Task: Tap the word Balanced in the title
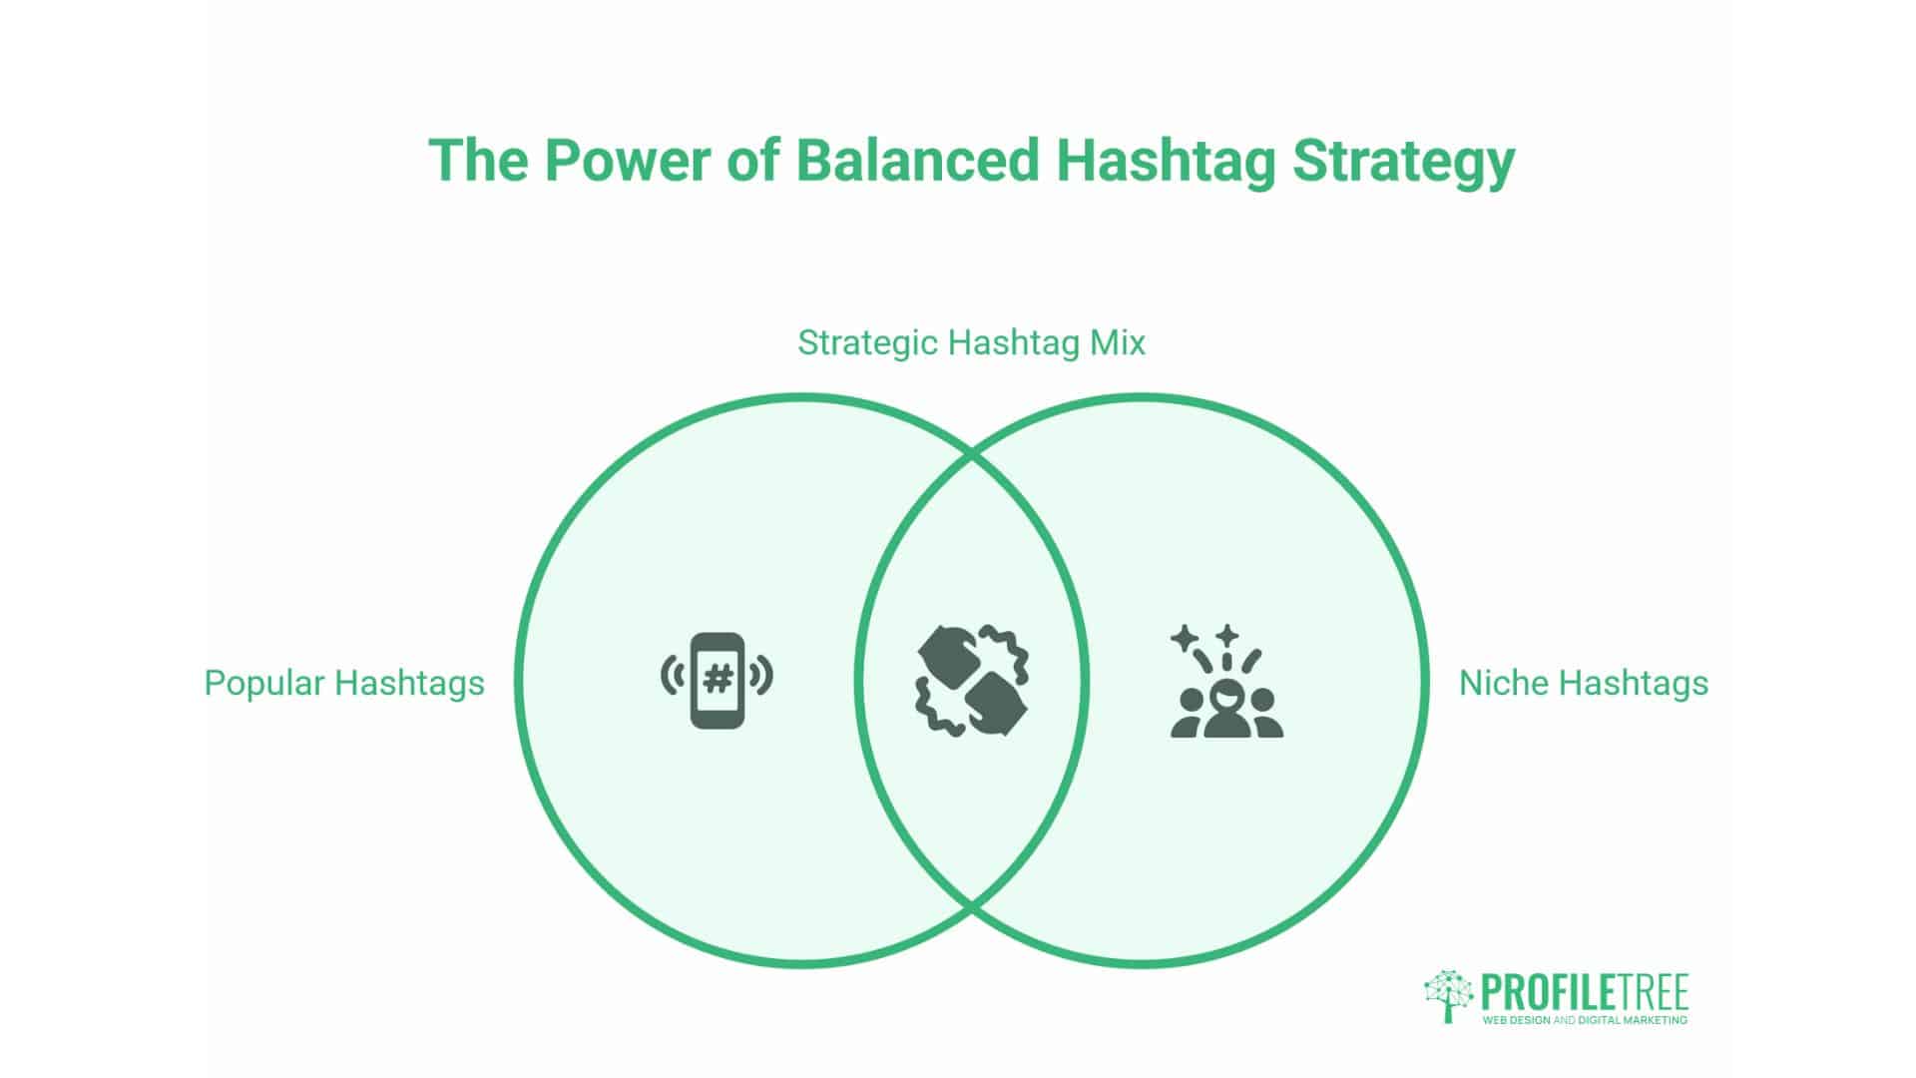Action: point(917,160)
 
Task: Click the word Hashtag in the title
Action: point(1166,162)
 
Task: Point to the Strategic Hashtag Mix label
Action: point(971,342)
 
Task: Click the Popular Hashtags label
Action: point(344,683)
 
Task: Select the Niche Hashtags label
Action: point(1584,683)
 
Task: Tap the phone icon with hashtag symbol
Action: point(718,681)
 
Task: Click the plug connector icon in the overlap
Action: point(972,681)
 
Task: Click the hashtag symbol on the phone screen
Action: point(718,679)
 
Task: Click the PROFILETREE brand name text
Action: point(1585,993)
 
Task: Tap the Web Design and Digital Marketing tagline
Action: point(1585,1020)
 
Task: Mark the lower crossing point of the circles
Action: point(972,906)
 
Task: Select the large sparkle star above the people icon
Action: point(1183,638)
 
